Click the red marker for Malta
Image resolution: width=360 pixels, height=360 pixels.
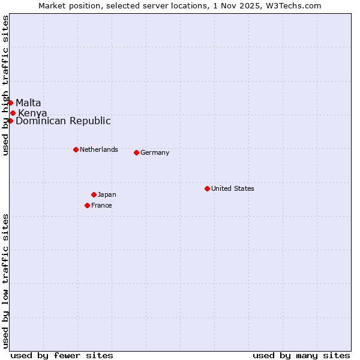[10, 103]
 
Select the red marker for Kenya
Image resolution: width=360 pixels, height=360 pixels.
[13, 113]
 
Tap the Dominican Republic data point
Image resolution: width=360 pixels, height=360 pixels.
[10, 121]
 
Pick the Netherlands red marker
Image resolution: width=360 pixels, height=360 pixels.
[76, 149]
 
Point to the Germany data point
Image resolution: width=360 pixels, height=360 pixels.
[136, 152]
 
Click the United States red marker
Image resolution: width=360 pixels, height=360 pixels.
[207, 188]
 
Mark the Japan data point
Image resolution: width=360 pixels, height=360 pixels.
[94, 194]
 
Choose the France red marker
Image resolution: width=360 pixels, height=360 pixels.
[87, 205]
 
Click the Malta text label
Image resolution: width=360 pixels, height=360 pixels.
[28, 103]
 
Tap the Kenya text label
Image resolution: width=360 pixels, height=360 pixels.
[32, 113]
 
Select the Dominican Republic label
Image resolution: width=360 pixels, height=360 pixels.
[63, 121]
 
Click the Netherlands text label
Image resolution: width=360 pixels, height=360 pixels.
[99, 149]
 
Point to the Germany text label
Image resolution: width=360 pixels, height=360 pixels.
[155, 152]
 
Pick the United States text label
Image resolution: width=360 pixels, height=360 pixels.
[233, 188]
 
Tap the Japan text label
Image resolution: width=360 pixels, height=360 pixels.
[107, 194]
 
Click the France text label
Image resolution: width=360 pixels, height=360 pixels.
[101, 205]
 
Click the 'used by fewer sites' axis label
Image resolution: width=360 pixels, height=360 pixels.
[62, 355]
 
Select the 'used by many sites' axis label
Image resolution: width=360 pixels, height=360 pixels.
[301, 355]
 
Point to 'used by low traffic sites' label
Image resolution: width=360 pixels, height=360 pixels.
[5, 281]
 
